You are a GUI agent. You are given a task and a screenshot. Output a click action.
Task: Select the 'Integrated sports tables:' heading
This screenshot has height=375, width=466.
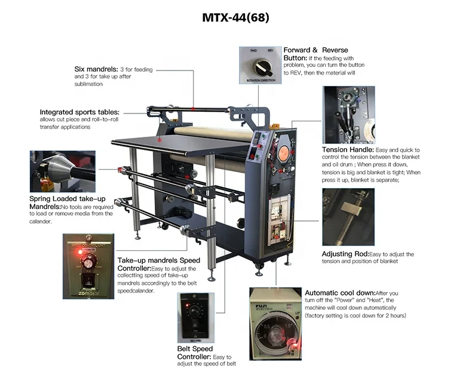[79, 112]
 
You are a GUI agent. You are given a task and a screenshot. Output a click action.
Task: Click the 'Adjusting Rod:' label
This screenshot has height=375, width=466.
[345, 254]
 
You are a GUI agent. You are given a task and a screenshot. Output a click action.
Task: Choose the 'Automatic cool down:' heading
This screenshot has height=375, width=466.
[340, 293]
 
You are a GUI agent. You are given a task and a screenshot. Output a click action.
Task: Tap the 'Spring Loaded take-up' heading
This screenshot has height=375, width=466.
[68, 199]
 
